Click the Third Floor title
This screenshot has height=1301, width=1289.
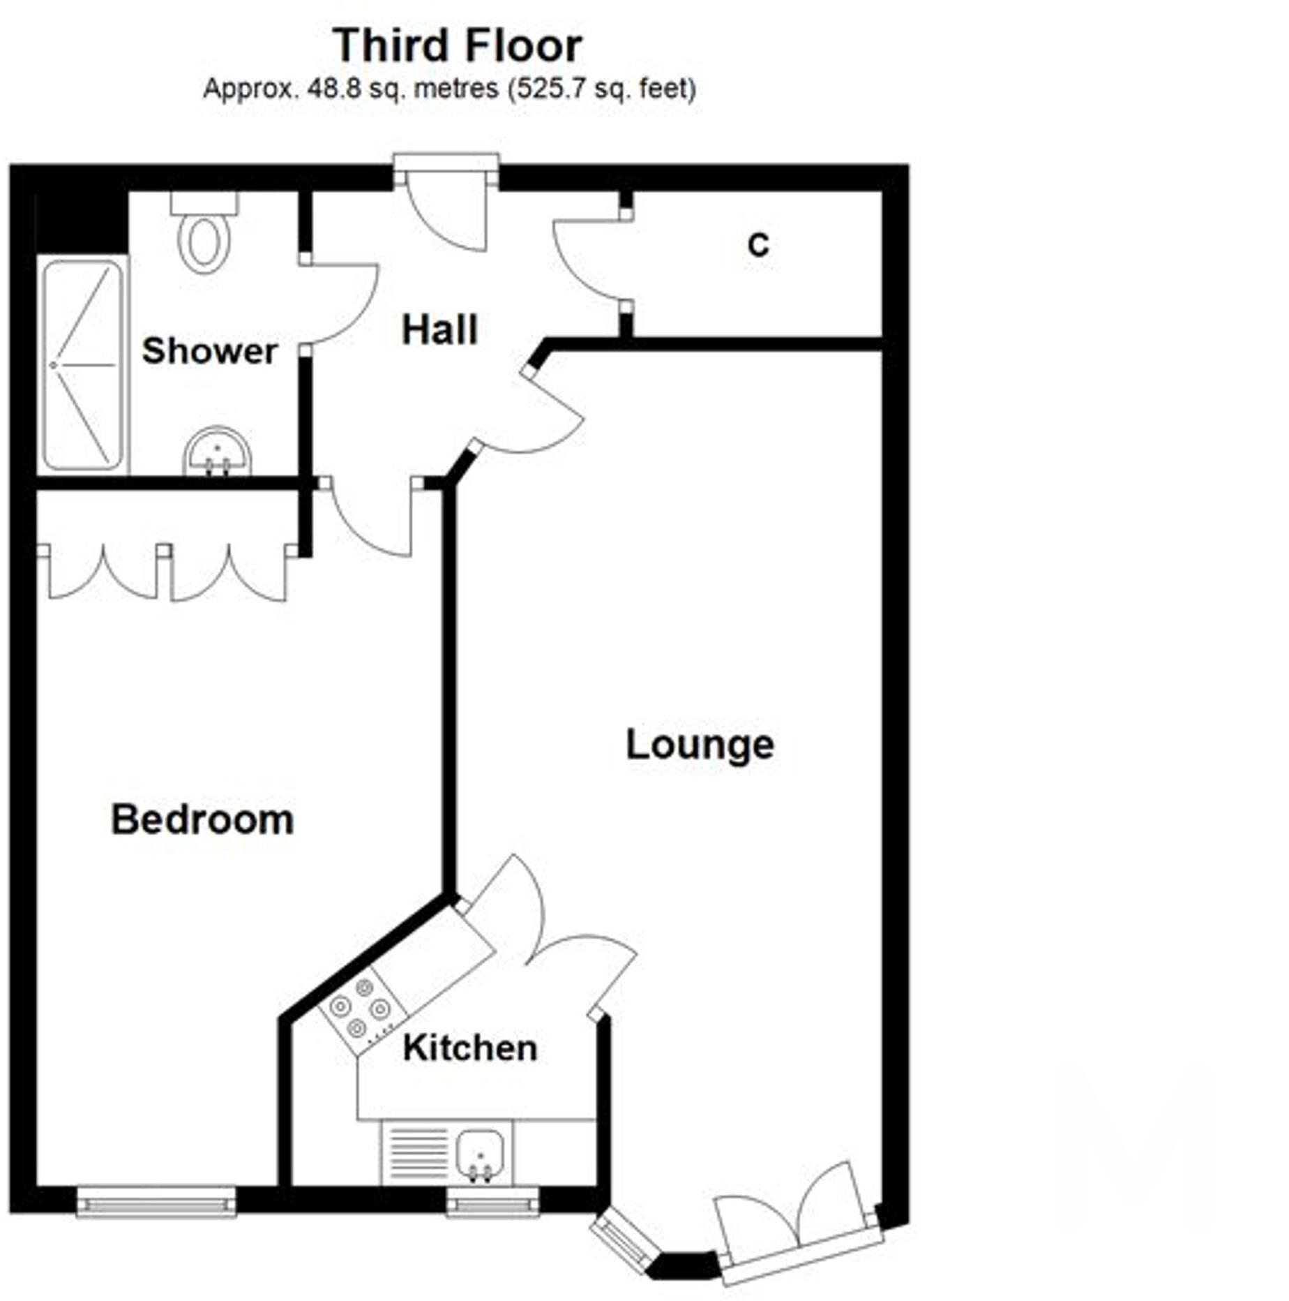[x=457, y=46]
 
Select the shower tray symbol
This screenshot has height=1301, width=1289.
[x=83, y=364]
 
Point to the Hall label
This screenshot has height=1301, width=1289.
[x=439, y=330]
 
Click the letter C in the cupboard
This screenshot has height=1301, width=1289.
[x=758, y=245]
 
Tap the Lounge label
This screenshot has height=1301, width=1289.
[x=700, y=745]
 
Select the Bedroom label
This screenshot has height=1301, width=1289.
[x=202, y=819]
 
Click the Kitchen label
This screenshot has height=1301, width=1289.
[x=469, y=1048]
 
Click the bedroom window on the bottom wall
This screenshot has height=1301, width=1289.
[x=156, y=1201]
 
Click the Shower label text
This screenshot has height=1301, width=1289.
[x=209, y=350]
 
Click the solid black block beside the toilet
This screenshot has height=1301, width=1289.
[x=81, y=221]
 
